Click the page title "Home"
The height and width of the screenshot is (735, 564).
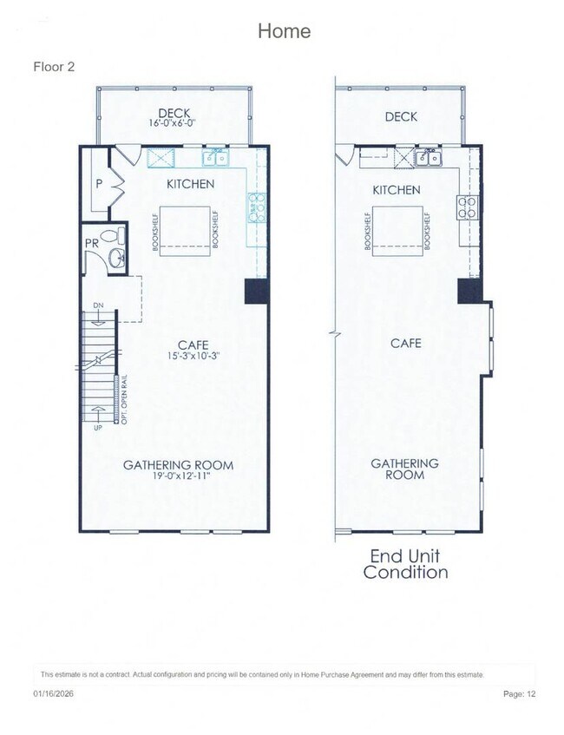(x=284, y=31)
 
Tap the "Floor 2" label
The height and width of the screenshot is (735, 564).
(x=54, y=67)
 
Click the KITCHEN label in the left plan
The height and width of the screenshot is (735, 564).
(x=190, y=184)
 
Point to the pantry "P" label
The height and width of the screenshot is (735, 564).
(x=100, y=184)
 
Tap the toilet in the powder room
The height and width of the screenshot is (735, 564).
(x=109, y=236)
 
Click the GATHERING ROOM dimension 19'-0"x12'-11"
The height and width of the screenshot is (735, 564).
(x=178, y=477)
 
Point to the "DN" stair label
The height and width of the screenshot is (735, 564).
(x=98, y=305)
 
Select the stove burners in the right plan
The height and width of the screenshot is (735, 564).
(x=468, y=207)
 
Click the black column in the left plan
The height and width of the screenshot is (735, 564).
(x=258, y=291)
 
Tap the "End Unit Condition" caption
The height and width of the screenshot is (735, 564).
(x=405, y=564)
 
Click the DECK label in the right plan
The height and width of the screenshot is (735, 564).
(x=401, y=116)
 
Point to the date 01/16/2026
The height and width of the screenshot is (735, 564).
(x=52, y=694)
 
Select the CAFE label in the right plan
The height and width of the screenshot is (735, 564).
(x=405, y=343)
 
